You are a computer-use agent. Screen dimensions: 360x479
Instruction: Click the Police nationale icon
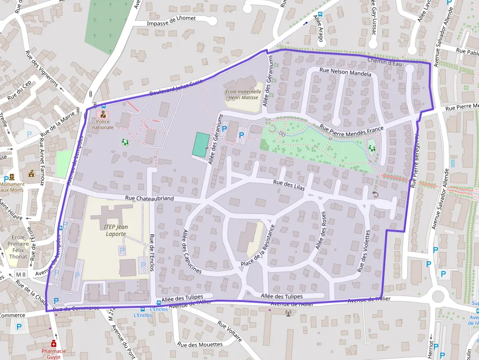(x=103, y=115)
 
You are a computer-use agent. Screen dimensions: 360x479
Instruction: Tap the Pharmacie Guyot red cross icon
(x=54, y=344)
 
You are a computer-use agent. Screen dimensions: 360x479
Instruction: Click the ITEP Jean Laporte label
(x=116, y=230)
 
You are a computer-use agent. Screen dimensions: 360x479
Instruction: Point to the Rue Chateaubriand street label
(x=149, y=198)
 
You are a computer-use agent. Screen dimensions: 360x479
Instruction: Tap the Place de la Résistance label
(x=258, y=246)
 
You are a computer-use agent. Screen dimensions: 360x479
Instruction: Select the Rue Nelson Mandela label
(x=345, y=71)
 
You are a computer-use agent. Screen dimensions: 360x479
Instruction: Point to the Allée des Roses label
(x=321, y=232)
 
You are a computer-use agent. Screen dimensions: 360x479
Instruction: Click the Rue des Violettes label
(x=363, y=251)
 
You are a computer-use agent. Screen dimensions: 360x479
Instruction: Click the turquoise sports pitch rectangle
(x=199, y=145)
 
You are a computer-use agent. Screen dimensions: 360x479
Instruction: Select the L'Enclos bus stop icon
(x=143, y=309)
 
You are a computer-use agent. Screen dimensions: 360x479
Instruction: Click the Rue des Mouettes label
(x=200, y=345)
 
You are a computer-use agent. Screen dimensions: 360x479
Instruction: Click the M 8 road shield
(x=21, y=274)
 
